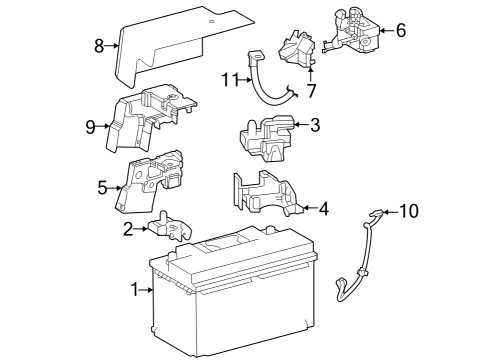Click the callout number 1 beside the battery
point(134,289)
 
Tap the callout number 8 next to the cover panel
point(99,46)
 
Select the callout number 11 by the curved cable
point(230,80)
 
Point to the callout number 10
point(408,211)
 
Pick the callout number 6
point(401,30)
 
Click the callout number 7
point(311,91)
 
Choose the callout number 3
point(315,125)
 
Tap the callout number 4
point(324,209)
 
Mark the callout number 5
point(102,188)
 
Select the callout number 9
point(90,127)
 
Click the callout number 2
point(128,229)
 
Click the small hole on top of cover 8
point(211,22)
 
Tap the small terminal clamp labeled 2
point(170,226)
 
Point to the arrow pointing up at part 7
point(310,74)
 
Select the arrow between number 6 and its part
point(386,30)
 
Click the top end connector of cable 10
point(376,213)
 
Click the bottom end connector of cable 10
point(340,287)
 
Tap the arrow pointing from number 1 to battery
point(146,290)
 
